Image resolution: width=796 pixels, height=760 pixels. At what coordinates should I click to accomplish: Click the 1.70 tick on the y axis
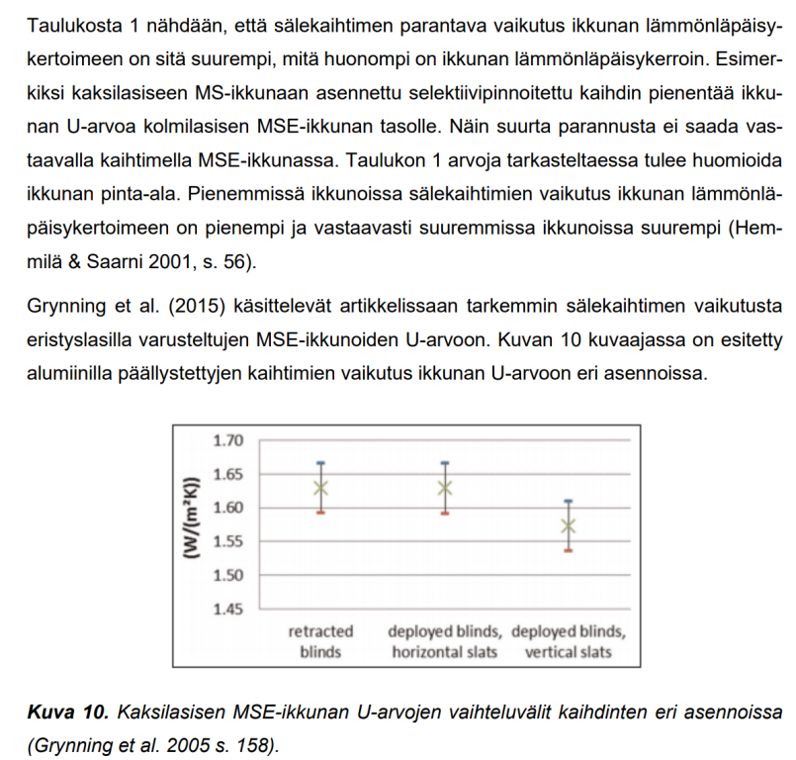click(x=227, y=440)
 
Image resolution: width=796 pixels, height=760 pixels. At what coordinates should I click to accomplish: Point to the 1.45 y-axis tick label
click(x=227, y=609)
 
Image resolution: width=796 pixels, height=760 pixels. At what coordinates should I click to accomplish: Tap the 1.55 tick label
click(x=227, y=541)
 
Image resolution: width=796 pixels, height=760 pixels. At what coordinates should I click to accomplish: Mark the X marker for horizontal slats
click(x=446, y=487)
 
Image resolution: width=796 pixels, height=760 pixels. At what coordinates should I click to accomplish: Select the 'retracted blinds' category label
click(x=320, y=641)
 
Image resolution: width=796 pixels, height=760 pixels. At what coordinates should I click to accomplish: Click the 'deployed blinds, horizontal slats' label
click(x=445, y=641)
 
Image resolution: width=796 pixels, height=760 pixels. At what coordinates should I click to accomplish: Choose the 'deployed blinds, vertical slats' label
click(x=569, y=641)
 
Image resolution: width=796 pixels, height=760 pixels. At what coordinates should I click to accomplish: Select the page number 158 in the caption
click(x=256, y=741)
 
